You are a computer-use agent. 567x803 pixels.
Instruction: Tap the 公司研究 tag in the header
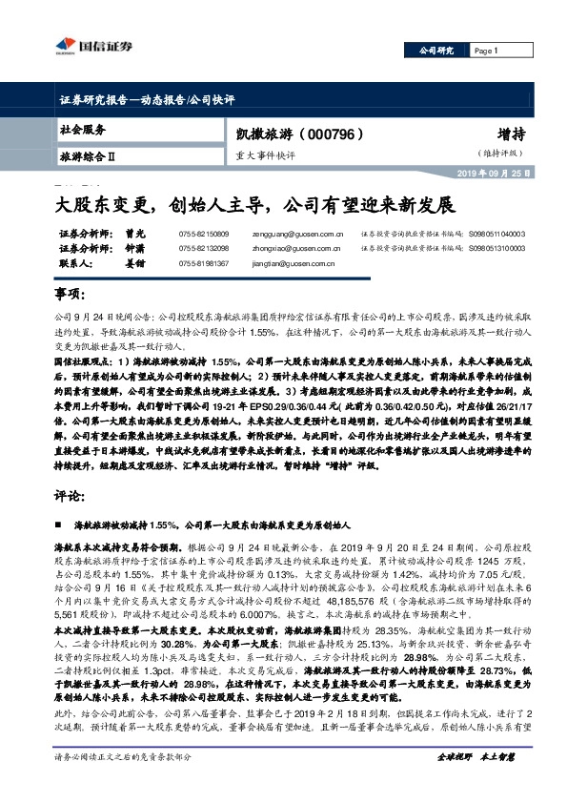[436, 51]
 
